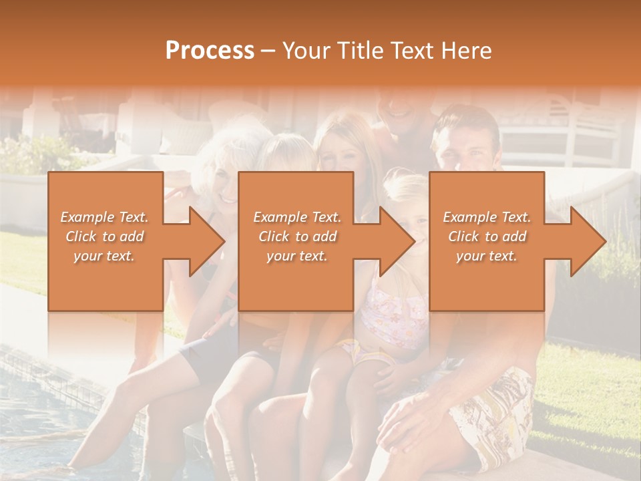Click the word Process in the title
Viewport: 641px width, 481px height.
(x=210, y=51)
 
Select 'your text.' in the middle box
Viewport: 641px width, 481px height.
(x=296, y=256)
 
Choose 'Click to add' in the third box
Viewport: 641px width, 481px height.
(x=487, y=236)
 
